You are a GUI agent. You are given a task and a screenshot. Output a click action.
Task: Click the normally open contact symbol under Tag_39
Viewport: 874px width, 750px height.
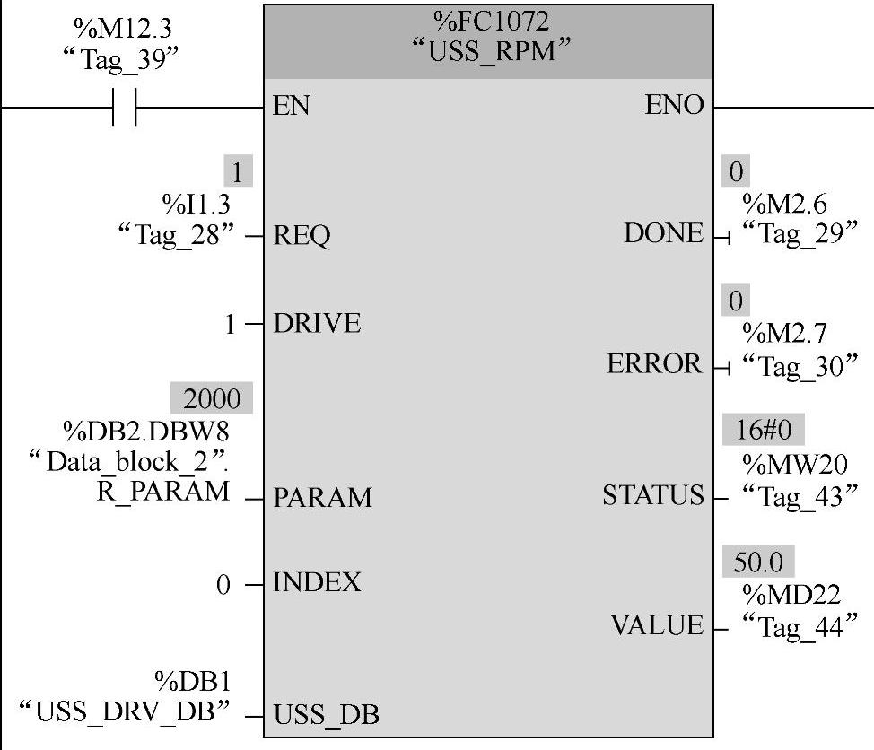tap(125, 107)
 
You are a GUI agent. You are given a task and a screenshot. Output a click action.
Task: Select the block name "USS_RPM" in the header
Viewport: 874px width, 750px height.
tap(490, 51)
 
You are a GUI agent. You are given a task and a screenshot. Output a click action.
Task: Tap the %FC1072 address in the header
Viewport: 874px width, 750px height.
tap(489, 21)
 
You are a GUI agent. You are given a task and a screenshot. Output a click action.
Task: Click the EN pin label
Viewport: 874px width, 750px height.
tap(292, 106)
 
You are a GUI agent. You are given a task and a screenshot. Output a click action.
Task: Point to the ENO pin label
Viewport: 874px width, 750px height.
tap(674, 106)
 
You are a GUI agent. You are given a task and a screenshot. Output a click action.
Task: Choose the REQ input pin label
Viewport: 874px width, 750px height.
tap(302, 236)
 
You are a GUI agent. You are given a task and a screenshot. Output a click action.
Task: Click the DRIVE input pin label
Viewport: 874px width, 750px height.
tap(317, 323)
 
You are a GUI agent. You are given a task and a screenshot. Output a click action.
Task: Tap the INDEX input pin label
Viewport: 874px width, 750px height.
tap(317, 583)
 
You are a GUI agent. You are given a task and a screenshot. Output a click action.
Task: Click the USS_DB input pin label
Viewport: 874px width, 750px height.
tap(326, 715)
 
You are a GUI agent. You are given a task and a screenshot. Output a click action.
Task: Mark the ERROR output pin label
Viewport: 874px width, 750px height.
tap(655, 364)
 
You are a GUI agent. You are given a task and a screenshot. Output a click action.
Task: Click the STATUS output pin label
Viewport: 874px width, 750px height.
tap(653, 495)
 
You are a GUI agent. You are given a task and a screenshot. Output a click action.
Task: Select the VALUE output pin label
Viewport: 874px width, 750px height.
tap(658, 625)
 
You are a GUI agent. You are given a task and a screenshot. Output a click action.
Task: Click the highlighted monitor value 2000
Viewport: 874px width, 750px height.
tap(212, 397)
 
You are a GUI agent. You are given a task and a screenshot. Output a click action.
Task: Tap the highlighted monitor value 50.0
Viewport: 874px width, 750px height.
tap(758, 562)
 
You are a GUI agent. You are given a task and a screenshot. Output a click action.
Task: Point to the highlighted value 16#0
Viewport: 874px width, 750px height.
tap(764, 432)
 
